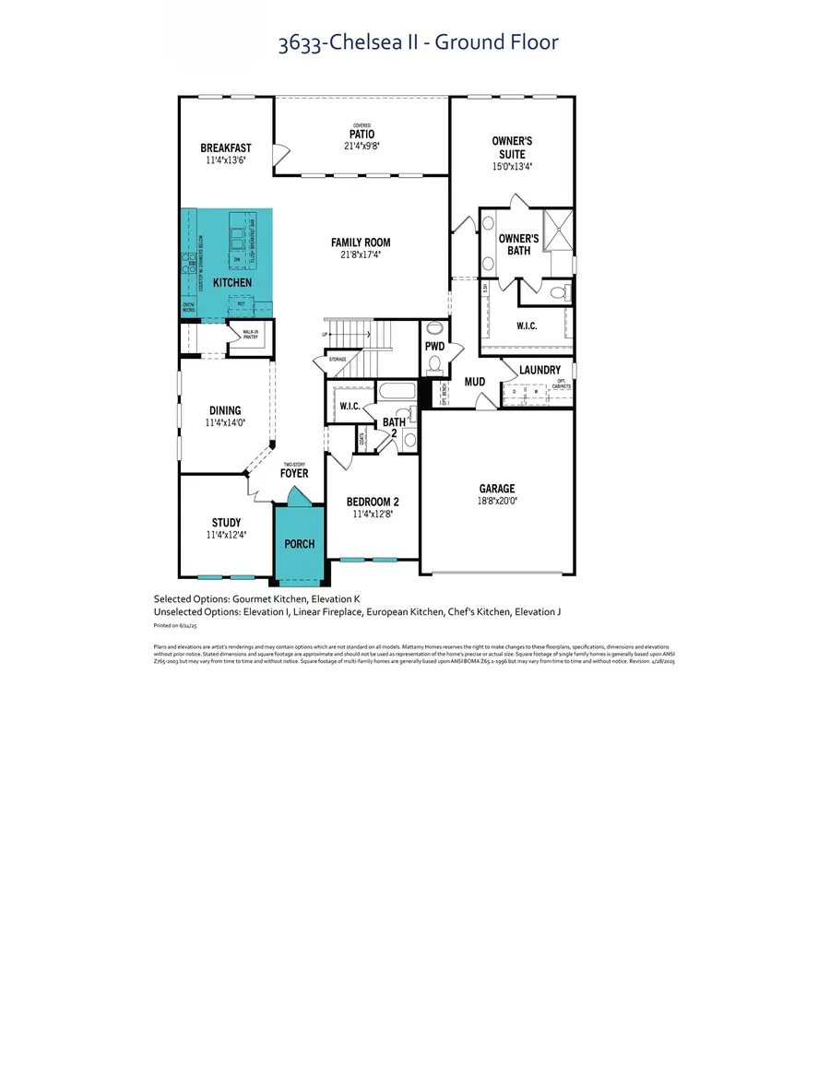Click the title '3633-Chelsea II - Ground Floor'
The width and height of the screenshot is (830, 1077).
(418, 41)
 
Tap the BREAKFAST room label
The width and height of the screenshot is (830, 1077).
(226, 148)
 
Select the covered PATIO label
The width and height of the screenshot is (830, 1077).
(362, 135)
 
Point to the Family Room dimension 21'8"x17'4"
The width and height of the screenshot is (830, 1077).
(356, 254)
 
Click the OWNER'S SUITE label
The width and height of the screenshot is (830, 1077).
(512, 148)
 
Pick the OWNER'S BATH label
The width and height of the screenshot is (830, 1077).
(518, 244)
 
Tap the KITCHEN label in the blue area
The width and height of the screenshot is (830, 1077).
(232, 282)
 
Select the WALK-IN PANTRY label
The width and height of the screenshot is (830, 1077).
(249, 335)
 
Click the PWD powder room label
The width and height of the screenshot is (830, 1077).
(434, 347)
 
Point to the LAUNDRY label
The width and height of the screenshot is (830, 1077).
(539, 371)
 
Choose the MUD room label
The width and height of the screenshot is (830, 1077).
(475, 381)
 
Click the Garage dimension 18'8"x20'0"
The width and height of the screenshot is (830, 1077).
(496, 502)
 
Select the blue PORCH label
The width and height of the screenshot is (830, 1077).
(299, 544)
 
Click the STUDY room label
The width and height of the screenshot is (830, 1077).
(226, 523)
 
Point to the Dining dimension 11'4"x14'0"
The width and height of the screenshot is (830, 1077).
(225, 423)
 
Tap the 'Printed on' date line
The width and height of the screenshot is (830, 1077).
(173, 624)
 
